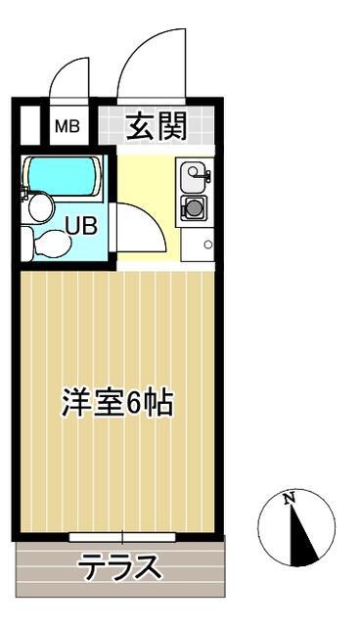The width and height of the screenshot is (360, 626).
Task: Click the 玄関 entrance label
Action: coord(156,125)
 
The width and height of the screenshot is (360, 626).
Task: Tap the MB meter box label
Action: coord(67,125)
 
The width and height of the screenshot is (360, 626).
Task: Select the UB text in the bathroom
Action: coord(80,224)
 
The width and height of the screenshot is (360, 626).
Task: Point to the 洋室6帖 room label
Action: coord(117,404)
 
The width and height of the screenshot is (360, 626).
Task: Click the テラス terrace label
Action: coord(119,566)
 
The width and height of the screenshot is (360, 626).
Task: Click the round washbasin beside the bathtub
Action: coord(40,206)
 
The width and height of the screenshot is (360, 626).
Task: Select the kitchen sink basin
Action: coord(193,177)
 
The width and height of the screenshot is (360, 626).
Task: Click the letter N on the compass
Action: coord(290,500)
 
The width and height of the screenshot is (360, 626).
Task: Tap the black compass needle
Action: coord(304,537)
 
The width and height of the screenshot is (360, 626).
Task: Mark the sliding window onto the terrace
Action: coord(122,536)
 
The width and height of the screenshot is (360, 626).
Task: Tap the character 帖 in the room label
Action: coord(160,404)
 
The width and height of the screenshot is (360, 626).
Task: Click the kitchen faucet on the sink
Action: coord(204,175)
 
